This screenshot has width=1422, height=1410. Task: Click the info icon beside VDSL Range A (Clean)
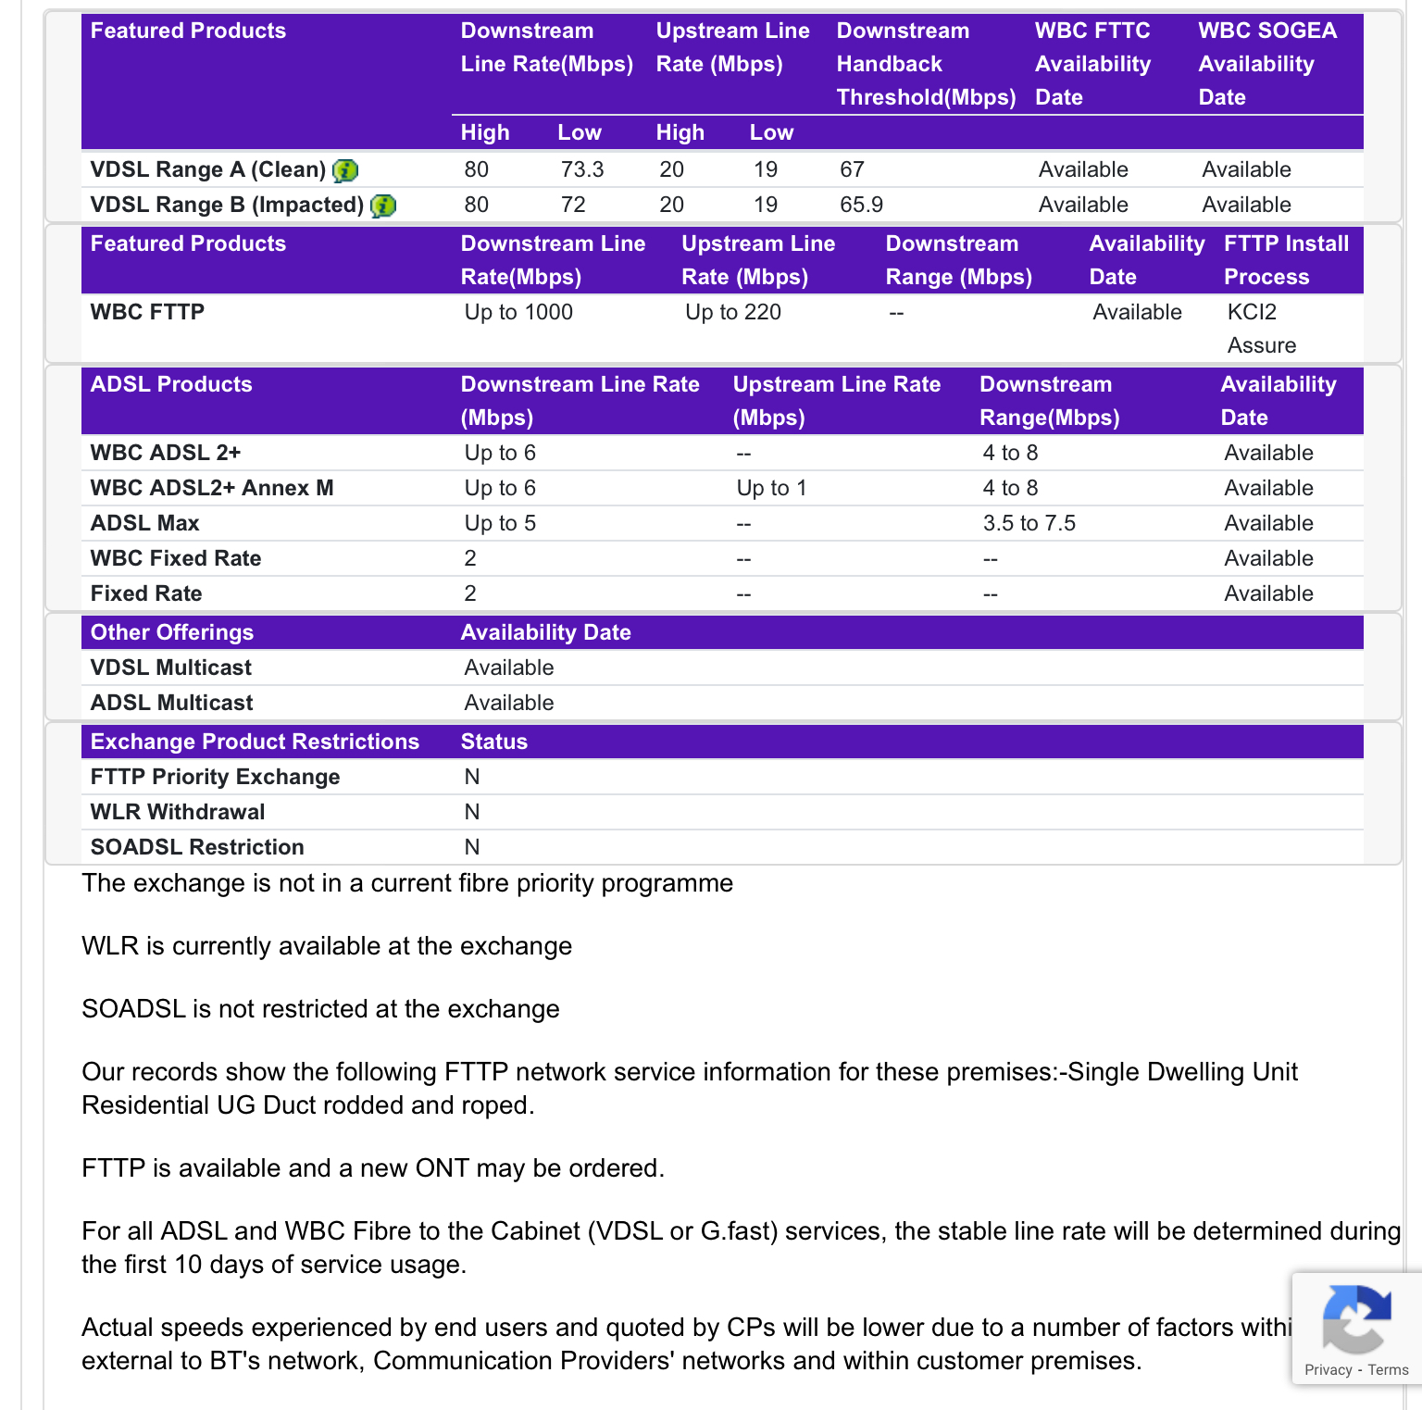345,170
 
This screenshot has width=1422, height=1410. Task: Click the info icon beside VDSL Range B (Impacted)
383,206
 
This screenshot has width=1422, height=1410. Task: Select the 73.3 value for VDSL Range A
582,169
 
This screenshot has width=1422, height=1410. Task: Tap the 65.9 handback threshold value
861,205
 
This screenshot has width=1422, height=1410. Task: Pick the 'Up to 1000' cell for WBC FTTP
518,312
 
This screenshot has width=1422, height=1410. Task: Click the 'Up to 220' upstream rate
733,312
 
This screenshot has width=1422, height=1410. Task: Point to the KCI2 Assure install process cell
1261,329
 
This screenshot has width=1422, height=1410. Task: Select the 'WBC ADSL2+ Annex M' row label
212,488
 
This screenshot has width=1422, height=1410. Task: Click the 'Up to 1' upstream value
771,488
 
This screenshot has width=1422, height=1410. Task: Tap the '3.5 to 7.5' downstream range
1029,523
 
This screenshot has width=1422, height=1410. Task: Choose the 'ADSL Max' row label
145,523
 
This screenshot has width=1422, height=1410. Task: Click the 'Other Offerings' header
172,632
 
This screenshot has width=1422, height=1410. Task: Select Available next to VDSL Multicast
509,668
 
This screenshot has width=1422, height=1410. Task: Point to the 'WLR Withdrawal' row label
178,812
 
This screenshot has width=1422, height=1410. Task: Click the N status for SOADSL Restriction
472,847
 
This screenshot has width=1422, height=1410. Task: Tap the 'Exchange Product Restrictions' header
255,742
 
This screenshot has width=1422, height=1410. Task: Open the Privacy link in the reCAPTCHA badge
1328,1370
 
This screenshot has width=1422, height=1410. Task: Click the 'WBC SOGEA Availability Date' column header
1267,64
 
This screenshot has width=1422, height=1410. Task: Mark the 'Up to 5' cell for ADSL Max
500,523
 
